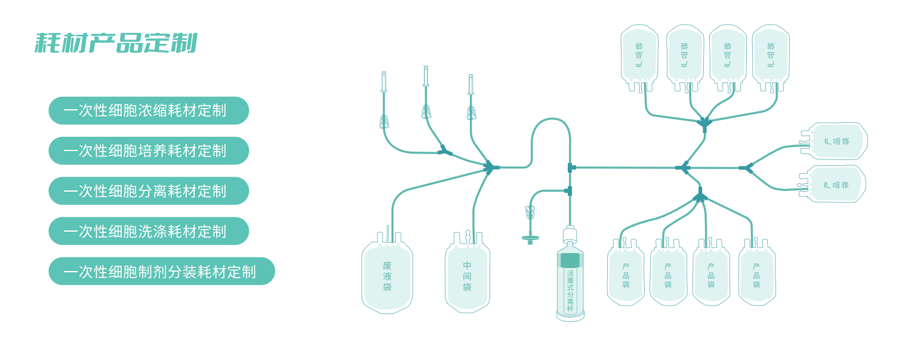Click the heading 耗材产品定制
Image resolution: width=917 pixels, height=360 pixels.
pyautogui.click(x=116, y=43)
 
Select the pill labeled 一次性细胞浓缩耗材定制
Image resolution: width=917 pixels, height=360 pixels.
pyautogui.click(x=148, y=110)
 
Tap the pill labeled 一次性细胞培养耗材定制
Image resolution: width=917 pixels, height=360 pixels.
pyautogui.click(x=148, y=150)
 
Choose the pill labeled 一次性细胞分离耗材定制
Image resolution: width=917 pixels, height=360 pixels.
pyautogui.click(x=148, y=190)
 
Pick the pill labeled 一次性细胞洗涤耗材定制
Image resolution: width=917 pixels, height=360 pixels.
pyautogui.click(x=148, y=230)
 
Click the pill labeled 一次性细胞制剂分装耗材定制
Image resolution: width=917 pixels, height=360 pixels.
pyautogui.click(x=161, y=271)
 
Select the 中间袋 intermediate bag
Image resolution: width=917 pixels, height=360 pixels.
pyautogui.click(x=467, y=277)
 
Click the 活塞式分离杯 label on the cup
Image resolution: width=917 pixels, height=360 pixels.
pyautogui.click(x=570, y=291)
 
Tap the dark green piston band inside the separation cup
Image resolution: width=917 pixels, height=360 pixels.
pyautogui.click(x=570, y=260)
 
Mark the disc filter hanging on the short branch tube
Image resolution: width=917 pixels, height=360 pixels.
pyautogui.click(x=530, y=238)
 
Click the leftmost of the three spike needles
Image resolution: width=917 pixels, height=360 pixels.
pyautogui.click(x=384, y=82)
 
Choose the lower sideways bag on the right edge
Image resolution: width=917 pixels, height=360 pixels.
pyautogui.click(x=835, y=184)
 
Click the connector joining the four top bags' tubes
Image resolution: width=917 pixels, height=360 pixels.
pyautogui.click(x=704, y=124)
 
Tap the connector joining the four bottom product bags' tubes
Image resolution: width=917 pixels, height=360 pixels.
pyautogui.click(x=700, y=195)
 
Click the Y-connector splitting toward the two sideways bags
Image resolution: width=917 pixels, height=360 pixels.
pyautogui.click(x=746, y=168)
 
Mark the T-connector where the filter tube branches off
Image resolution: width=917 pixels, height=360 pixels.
pyautogui.click(x=568, y=191)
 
